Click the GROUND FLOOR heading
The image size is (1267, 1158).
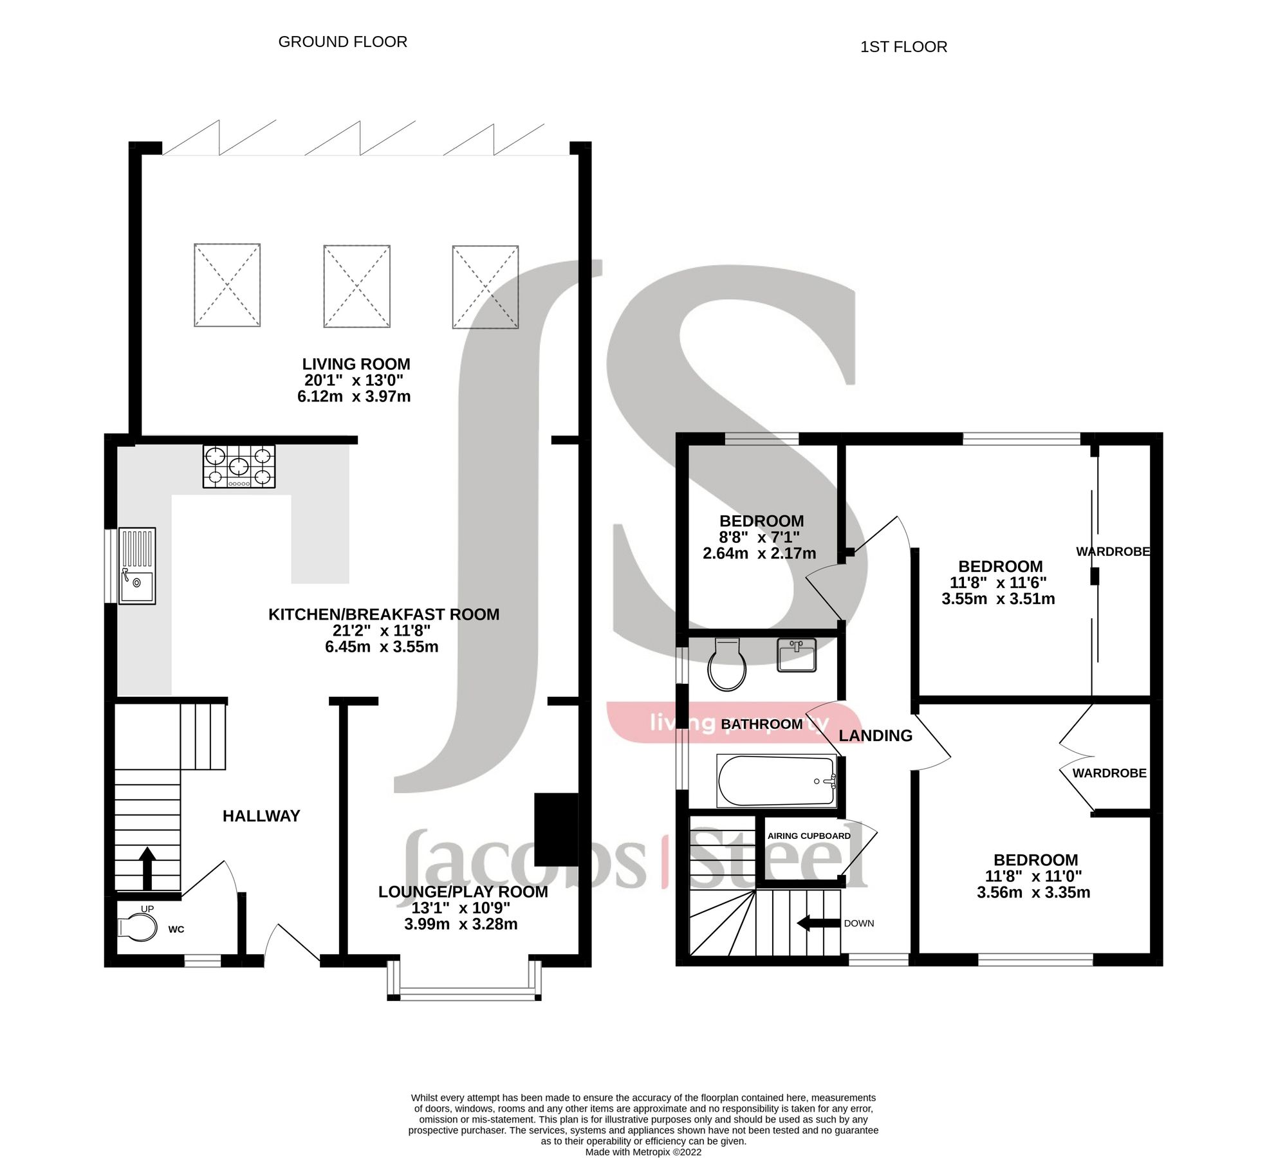click(342, 42)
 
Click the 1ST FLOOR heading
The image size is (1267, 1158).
click(903, 47)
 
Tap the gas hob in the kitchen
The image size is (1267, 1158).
click(239, 466)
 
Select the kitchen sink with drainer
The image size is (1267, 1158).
click(137, 565)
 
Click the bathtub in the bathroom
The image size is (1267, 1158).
click(776, 781)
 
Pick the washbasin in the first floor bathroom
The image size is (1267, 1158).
click(796, 655)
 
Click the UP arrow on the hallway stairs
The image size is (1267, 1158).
click(147, 868)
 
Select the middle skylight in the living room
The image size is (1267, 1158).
click(356, 286)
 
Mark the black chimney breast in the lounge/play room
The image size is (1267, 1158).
click(556, 830)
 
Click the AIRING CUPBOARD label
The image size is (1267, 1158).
click(809, 836)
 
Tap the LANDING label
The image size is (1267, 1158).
click(875, 735)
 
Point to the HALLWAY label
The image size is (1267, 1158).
click(261, 816)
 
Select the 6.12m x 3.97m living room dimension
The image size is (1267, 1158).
click(354, 396)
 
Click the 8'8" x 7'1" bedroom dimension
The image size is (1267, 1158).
click(759, 537)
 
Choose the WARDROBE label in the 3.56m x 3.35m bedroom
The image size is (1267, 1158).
click(1109, 773)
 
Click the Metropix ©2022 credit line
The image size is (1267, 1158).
click(643, 1152)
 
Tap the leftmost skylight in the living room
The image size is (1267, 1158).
click(227, 285)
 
